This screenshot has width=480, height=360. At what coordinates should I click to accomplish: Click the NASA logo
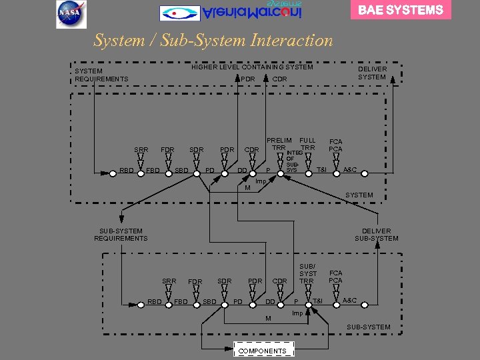tap(71, 14)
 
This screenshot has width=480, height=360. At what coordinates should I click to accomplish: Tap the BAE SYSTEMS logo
tap(401, 10)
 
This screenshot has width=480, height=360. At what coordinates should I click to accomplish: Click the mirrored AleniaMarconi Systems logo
tap(231, 11)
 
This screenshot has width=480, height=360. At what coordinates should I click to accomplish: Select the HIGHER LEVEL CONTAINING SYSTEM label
tap(252, 67)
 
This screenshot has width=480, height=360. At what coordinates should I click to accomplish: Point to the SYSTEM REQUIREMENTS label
tap(101, 75)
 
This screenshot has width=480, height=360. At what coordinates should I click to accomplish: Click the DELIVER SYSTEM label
tap(372, 73)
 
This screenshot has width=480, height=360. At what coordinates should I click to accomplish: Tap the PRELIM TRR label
tap(279, 144)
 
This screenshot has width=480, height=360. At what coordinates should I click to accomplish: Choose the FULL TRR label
tap(307, 144)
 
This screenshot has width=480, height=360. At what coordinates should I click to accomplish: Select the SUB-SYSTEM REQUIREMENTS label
tap(121, 235)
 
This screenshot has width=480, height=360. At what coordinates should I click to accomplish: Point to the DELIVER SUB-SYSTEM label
tap(377, 235)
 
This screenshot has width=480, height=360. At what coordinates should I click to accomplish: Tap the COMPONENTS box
tap(263, 351)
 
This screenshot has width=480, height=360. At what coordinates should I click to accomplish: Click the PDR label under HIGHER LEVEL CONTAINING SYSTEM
tap(248, 79)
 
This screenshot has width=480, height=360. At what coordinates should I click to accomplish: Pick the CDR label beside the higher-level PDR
tap(280, 79)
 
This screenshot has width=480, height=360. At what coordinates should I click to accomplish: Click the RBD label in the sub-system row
tap(155, 301)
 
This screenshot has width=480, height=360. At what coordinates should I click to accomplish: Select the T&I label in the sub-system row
tap(317, 301)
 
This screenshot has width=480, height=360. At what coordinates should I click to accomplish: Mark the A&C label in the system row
tap(350, 171)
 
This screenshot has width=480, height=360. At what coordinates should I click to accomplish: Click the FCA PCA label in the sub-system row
tap(335, 277)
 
